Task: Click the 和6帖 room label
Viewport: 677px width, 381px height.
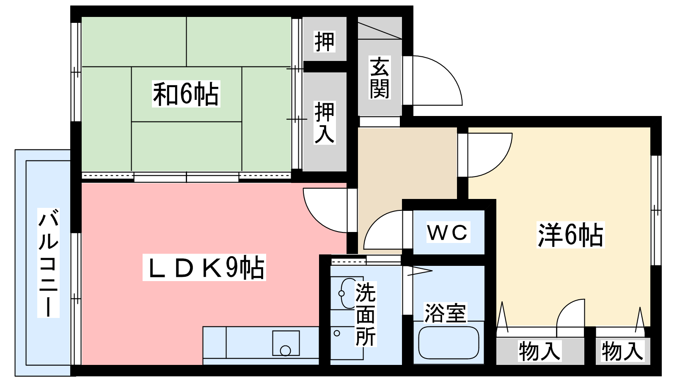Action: point(186,94)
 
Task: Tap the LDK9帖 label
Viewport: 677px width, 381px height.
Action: point(204,267)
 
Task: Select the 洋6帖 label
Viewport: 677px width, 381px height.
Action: point(570,235)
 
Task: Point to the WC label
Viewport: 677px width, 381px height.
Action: point(448,232)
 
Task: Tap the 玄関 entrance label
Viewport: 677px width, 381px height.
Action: point(380,77)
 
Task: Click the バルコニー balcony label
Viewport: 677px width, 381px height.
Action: point(48,263)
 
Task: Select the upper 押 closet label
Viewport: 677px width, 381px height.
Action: point(325,41)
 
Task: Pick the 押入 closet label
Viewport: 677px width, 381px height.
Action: point(325,122)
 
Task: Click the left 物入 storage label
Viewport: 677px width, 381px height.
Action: point(540,351)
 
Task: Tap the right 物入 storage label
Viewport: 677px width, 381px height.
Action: point(622,351)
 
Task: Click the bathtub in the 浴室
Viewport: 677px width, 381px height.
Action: point(449,342)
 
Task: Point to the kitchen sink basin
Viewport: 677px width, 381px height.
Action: point(286,343)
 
